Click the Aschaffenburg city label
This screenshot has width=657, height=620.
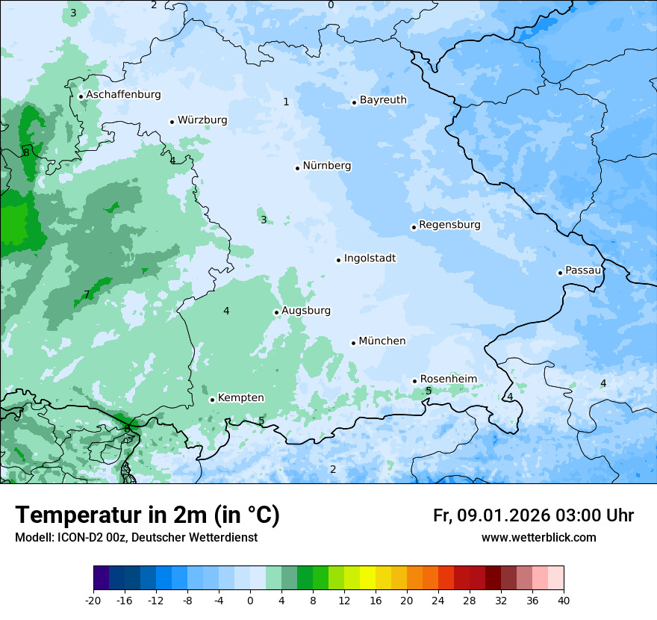[x=123, y=95]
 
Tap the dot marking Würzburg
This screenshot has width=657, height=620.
[x=172, y=122]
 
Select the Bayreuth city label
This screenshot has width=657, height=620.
[x=383, y=100]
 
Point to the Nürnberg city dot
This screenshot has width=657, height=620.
[x=297, y=168]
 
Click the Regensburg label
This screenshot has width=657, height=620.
[x=449, y=225]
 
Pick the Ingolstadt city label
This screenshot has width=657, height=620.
[x=370, y=258]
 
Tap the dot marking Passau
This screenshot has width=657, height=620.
[x=560, y=273]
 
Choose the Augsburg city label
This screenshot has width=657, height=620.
[x=306, y=311]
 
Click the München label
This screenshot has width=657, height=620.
[x=382, y=341]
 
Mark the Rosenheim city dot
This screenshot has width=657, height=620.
[x=415, y=381]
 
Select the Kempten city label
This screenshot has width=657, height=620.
[x=240, y=398]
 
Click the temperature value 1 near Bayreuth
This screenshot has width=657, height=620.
[x=286, y=102]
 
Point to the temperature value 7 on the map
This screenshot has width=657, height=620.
[x=87, y=294]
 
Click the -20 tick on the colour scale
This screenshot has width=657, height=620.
[x=93, y=600]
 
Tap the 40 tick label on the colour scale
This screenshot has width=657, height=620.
[x=563, y=600]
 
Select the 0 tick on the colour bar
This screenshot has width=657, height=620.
[x=250, y=600]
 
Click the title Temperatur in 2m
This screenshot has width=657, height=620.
[x=148, y=515]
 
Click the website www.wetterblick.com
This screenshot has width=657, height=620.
[x=538, y=537]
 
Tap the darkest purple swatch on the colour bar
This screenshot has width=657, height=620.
[x=102, y=578]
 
